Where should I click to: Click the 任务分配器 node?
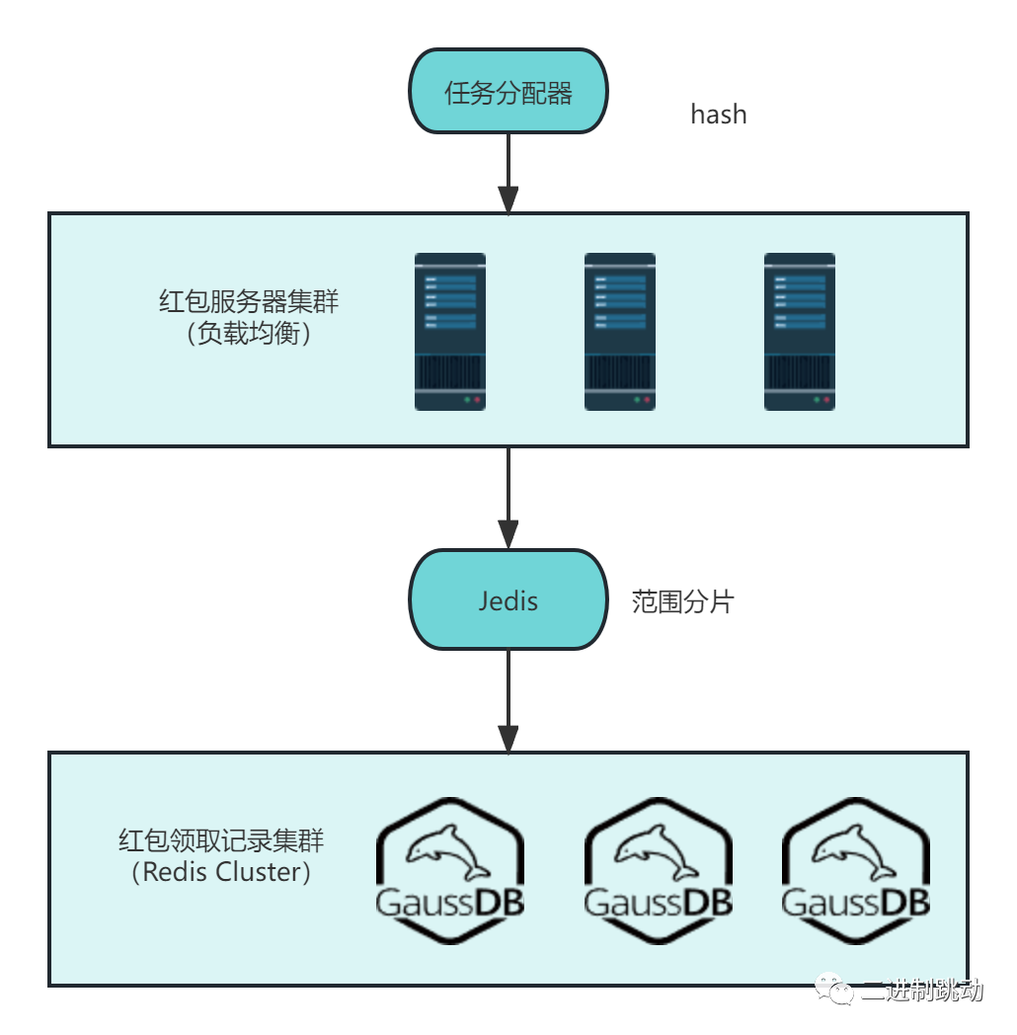point(508,92)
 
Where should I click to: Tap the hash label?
point(718,115)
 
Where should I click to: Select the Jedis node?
point(508,599)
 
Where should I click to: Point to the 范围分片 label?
point(683,602)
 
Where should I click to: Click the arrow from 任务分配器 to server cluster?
point(508,173)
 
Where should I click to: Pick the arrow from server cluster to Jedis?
point(508,498)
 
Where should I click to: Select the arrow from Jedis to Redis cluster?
point(508,701)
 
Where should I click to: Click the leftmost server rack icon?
point(450,332)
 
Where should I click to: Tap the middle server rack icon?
point(620,332)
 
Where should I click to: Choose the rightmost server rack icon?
point(800,332)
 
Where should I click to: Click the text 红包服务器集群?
point(249,301)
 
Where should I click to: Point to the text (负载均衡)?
point(249,334)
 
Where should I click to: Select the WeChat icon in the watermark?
point(833,989)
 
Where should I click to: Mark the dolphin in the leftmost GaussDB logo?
point(449,848)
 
